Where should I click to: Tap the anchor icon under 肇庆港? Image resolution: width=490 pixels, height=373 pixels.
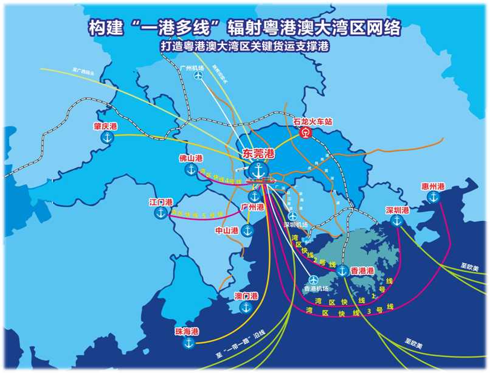click(107, 139)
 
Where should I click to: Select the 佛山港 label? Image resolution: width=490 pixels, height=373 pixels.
click(190, 158)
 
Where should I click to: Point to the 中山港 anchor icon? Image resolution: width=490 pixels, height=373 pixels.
click(247, 230)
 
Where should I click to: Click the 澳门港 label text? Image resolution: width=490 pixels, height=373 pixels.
click(246, 296)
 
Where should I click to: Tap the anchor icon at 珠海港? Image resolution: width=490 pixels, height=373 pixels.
click(188, 344)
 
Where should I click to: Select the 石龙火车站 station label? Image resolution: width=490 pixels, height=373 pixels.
click(313, 122)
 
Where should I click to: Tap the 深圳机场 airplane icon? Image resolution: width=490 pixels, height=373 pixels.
click(293, 215)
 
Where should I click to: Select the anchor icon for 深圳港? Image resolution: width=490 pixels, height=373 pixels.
click(398, 221)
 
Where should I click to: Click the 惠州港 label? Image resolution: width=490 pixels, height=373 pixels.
click(433, 186)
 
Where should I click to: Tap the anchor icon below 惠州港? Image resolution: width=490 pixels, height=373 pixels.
click(433, 198)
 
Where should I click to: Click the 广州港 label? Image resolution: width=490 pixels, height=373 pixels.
click(252, 207)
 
